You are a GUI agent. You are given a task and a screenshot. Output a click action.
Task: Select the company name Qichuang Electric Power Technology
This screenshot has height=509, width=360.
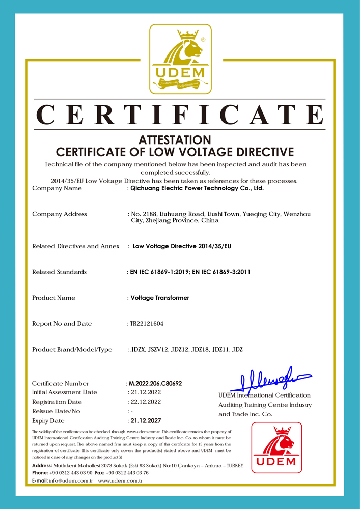pos(197,188)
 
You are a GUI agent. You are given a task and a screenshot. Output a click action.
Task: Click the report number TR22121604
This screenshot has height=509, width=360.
pos(147,324)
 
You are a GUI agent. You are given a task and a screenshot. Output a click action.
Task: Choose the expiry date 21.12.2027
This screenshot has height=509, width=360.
pos(145,421)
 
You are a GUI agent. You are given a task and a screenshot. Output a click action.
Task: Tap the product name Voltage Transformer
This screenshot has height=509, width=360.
pos(160,298)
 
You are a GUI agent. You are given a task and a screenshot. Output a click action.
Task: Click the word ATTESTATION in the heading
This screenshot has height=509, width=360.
pos(175,139)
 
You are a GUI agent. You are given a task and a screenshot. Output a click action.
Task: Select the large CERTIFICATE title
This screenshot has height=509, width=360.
pos(180,115)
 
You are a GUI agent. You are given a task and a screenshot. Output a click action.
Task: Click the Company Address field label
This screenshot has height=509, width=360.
pos(60,214)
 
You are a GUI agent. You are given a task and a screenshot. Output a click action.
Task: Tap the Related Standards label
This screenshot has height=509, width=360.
pos(60,272)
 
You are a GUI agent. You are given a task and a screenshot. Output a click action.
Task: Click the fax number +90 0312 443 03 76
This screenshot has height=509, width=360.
pos(127,473)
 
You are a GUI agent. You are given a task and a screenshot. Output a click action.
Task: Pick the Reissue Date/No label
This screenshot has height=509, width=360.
pos(56,411)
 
